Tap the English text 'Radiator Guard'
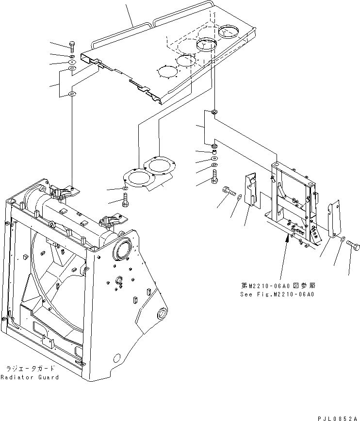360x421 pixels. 30,377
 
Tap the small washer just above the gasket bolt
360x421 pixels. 125,187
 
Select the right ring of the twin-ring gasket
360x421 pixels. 159,166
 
